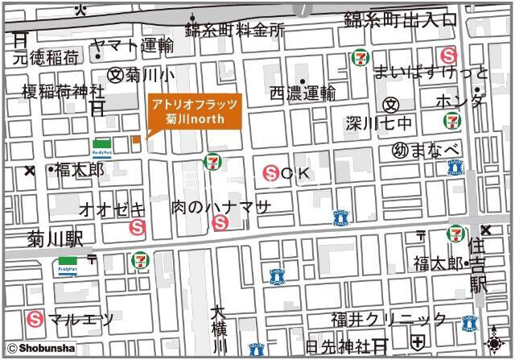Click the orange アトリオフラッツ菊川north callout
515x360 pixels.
tap(192, 112)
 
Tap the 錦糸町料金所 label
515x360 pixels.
tap(235, 31)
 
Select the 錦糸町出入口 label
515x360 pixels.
tap(400, 20)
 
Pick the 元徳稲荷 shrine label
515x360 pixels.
tap(45, 57)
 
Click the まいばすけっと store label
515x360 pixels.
tap(431, 72)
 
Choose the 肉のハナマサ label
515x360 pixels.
tap(221, 208)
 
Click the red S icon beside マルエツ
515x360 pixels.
tap(35, 319)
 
